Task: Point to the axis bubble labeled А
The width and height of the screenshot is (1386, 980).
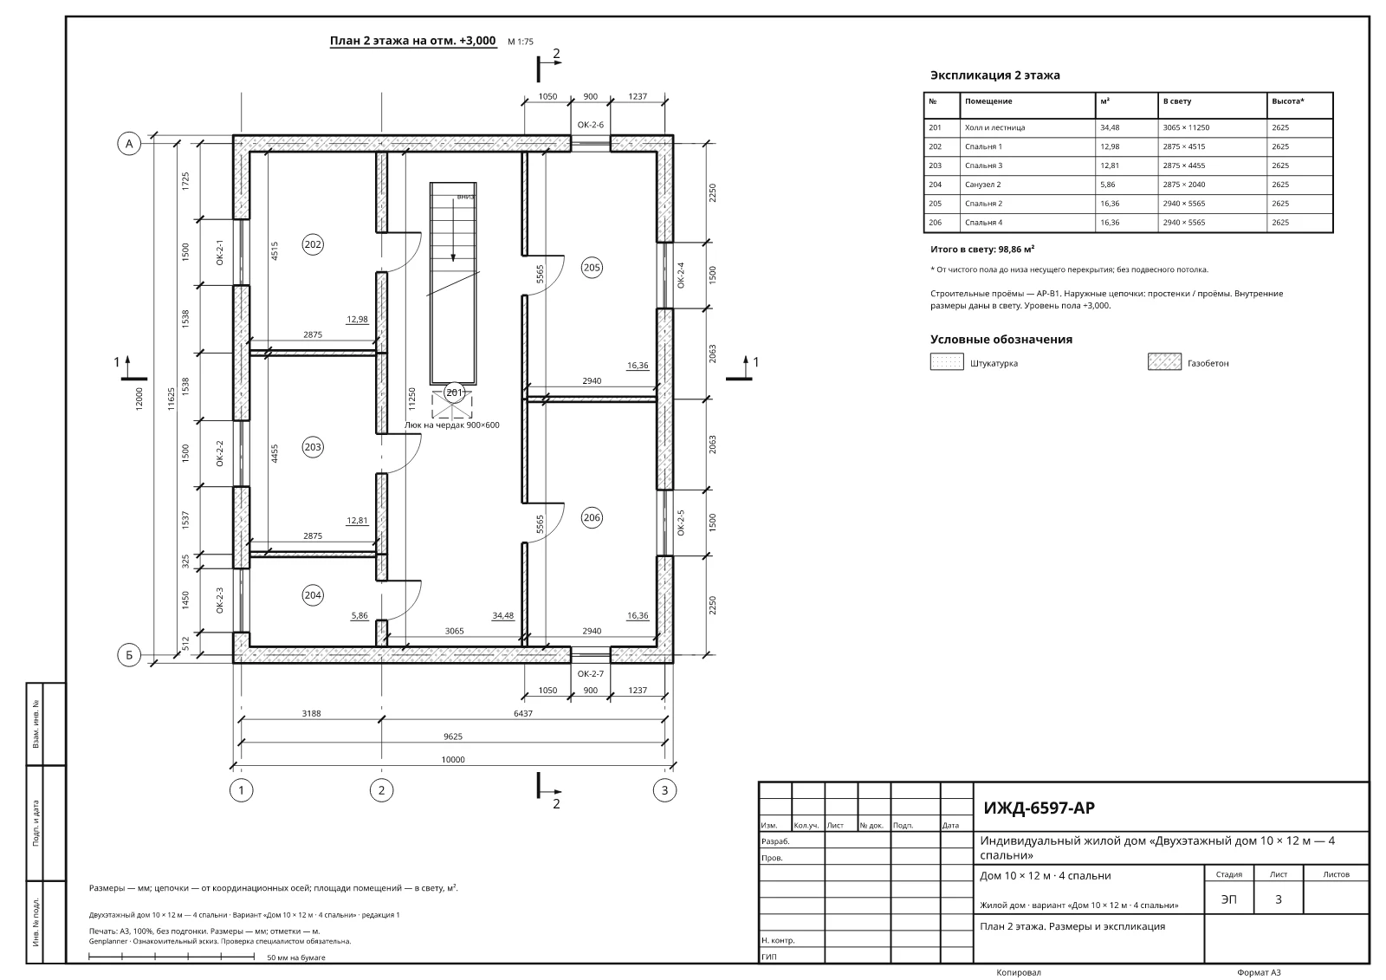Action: click(129, 144)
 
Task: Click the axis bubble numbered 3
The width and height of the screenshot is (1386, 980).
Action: click(664, 790)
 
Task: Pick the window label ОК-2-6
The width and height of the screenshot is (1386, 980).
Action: click(590, 125)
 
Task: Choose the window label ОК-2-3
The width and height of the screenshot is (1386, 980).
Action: click(219, 600)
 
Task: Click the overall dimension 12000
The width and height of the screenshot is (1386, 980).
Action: click(139, 398)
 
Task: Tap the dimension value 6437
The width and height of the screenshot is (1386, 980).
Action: click(523, 713)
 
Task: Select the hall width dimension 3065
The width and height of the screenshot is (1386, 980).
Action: click(454, 631)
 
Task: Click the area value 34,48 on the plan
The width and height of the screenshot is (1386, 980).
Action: click(503, 615)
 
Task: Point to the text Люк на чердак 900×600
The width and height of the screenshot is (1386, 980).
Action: click(451, 425)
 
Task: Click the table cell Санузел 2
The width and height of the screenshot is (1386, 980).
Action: click(982, 185)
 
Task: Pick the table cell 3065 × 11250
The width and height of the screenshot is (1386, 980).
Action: click(1186, 127)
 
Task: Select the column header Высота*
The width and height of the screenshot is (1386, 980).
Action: click(1288, 101)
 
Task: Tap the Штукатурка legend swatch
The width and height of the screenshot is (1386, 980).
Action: click(947, 361)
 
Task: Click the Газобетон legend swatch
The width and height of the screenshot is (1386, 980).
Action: click(1164, 361)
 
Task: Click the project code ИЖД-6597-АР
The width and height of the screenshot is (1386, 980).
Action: click(1039, 808)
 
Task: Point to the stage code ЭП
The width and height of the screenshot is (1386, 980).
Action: click(1229, 899)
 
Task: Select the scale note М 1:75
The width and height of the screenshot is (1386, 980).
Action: click(521, 42)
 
